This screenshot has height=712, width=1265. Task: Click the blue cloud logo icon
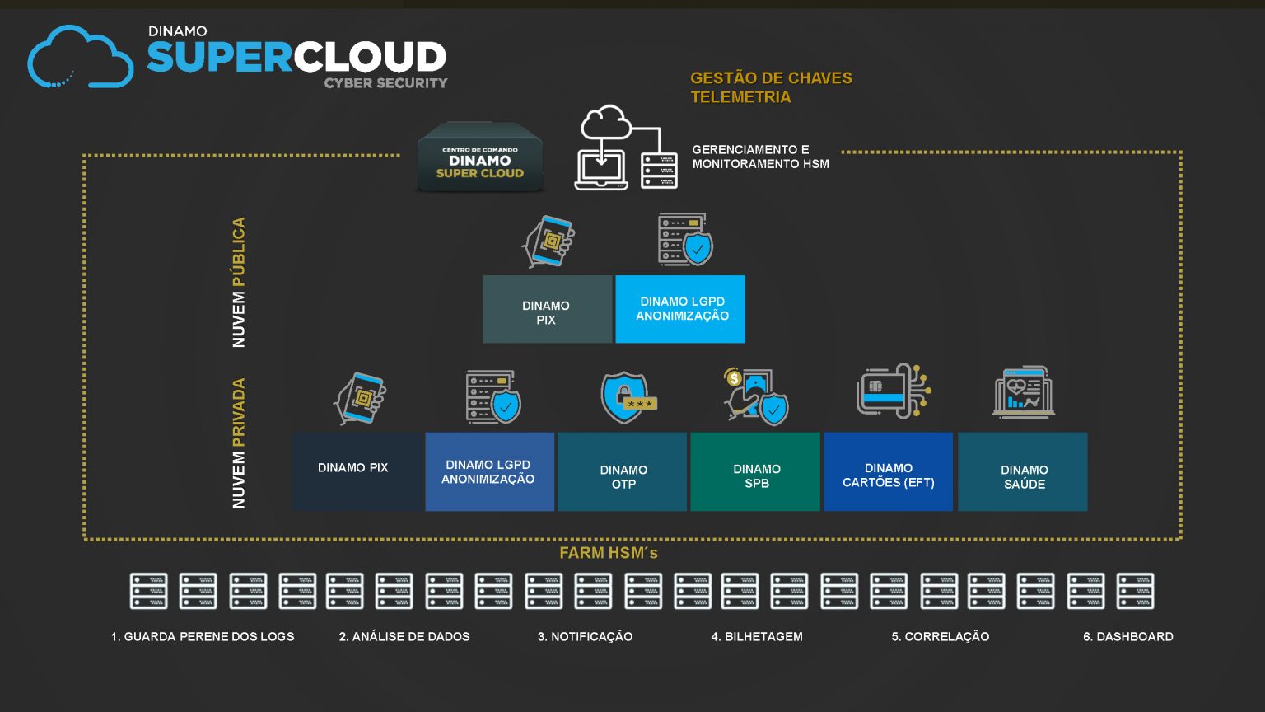click(80, 58)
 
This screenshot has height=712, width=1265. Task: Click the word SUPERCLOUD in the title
click(296, 58)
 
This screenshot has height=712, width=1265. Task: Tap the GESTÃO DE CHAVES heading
click(771, 78)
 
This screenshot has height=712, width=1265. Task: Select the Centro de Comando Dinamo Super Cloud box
click(480, 158)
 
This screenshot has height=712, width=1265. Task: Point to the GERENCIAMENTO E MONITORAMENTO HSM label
click(760, 157)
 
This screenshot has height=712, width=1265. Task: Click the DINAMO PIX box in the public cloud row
click(547, 310)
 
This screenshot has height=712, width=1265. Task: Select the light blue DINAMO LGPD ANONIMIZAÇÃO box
click(681, 309)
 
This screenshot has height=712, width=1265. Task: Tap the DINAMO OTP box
click(623, 472)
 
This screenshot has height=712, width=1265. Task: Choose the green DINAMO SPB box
click(755, 472)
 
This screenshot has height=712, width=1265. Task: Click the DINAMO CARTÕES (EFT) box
click(888, 472)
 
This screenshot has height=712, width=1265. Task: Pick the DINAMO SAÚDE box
click(1023, 472)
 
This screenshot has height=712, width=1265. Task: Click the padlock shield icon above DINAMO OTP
click(627, 397)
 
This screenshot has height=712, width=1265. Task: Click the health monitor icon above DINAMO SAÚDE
click(1023, 392)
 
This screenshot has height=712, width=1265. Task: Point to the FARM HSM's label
click(609, 553)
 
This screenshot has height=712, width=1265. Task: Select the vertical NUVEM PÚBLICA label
click(239, 282)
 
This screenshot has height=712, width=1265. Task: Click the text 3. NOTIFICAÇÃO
click(585, 636)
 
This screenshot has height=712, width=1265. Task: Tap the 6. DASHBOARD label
click(1127, 636)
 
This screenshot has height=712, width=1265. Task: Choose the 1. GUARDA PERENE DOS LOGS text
click(203, 636)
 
